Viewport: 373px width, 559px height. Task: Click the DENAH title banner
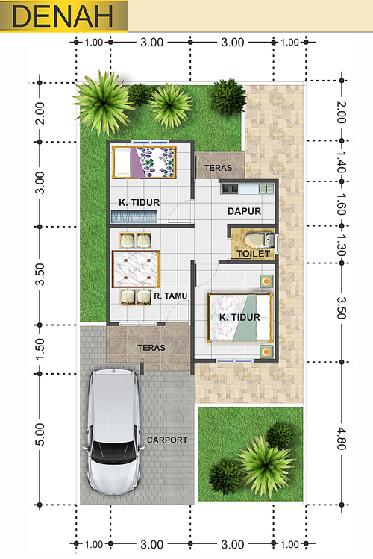64,16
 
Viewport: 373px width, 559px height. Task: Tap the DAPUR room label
245,211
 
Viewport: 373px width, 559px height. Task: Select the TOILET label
254,254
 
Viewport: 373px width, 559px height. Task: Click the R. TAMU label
171,296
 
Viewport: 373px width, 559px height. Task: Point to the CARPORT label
167,440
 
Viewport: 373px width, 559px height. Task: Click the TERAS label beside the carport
151,348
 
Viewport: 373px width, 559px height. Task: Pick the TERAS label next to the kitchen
218,168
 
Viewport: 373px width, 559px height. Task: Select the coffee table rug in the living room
136,269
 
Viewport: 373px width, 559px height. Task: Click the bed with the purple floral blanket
144,162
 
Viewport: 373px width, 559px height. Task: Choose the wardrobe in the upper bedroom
134,216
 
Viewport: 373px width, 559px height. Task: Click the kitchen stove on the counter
230,188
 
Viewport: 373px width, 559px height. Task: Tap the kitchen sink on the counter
266,188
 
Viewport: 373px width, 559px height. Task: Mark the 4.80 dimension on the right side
341,438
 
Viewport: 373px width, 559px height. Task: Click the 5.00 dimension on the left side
40,434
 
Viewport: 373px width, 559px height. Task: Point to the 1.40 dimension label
341,161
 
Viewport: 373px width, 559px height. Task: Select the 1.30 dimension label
341,246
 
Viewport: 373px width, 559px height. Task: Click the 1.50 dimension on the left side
40,349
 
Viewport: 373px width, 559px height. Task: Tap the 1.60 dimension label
341,204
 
